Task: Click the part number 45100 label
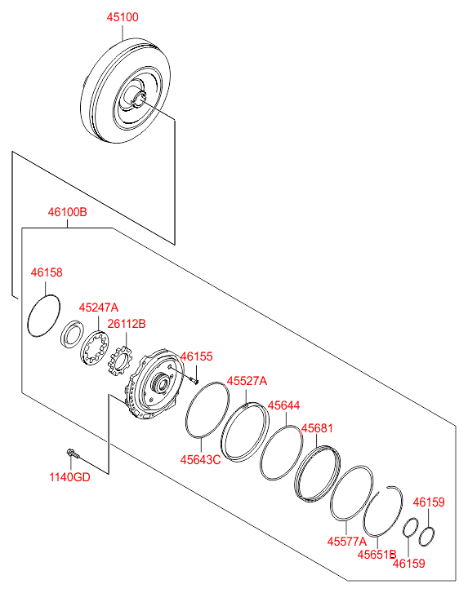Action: click(123, 17)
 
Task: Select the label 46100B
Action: click(68, 212)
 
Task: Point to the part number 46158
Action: click(47, 272)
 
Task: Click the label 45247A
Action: click(99, 308)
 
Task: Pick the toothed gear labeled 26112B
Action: click(119, 361)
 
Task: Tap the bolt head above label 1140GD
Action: click(70, 452)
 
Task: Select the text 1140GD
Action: click(69, 477)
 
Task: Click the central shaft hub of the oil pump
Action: click(161, 384)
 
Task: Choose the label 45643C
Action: click(200, 459)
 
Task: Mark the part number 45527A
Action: click(247, 381)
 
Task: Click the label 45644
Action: click(283, 405)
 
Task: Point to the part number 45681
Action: click(317, 428)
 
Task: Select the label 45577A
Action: click(347, 542)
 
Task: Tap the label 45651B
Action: click(377, 555)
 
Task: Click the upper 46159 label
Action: click(429, 502)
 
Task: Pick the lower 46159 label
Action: click(409, 564)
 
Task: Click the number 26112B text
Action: click(127, 324)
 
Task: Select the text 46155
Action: click(196, 356)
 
